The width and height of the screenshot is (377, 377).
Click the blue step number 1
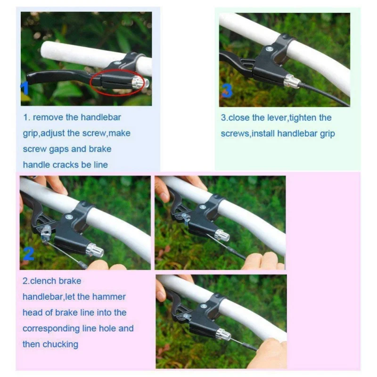click(x=25, y=89)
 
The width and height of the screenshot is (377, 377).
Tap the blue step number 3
click(x=227, y=90)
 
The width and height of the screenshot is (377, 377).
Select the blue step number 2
click(x=29, y=254)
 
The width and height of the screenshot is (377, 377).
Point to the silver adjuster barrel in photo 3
click(x=291, y=80)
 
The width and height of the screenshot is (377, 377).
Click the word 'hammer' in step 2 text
click(x=109, y=297)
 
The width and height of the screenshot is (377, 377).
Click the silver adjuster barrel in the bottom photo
click(x=223, y=334)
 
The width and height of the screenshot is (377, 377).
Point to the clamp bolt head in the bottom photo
click(x=204, y=307)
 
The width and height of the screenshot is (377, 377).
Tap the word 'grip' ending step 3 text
click(x=328, y=134)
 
